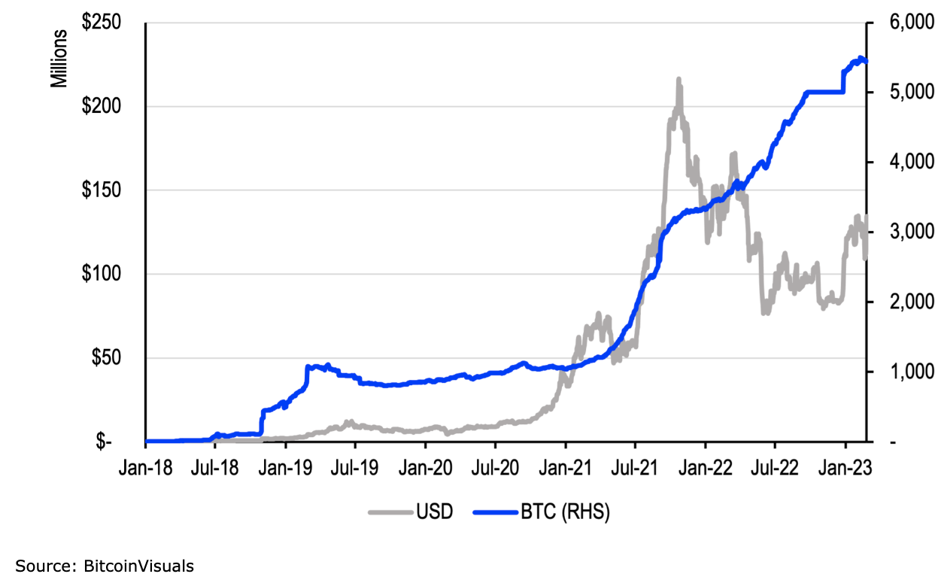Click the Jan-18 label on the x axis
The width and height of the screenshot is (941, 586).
tap(146, 469)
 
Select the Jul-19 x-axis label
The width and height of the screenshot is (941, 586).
tap(355, 469)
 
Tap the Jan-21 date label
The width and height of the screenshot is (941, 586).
tap(565, 469)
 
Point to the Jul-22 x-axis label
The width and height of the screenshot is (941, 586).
tap(776, 469)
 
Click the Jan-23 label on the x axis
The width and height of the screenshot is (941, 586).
tap(845, 469)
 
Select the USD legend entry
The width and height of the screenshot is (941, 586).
tap(434, 513)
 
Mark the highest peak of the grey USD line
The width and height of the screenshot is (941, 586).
tap(678, 78)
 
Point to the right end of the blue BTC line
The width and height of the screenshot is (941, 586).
tap(866, 62)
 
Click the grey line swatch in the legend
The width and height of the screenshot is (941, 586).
tap(390, 513)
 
